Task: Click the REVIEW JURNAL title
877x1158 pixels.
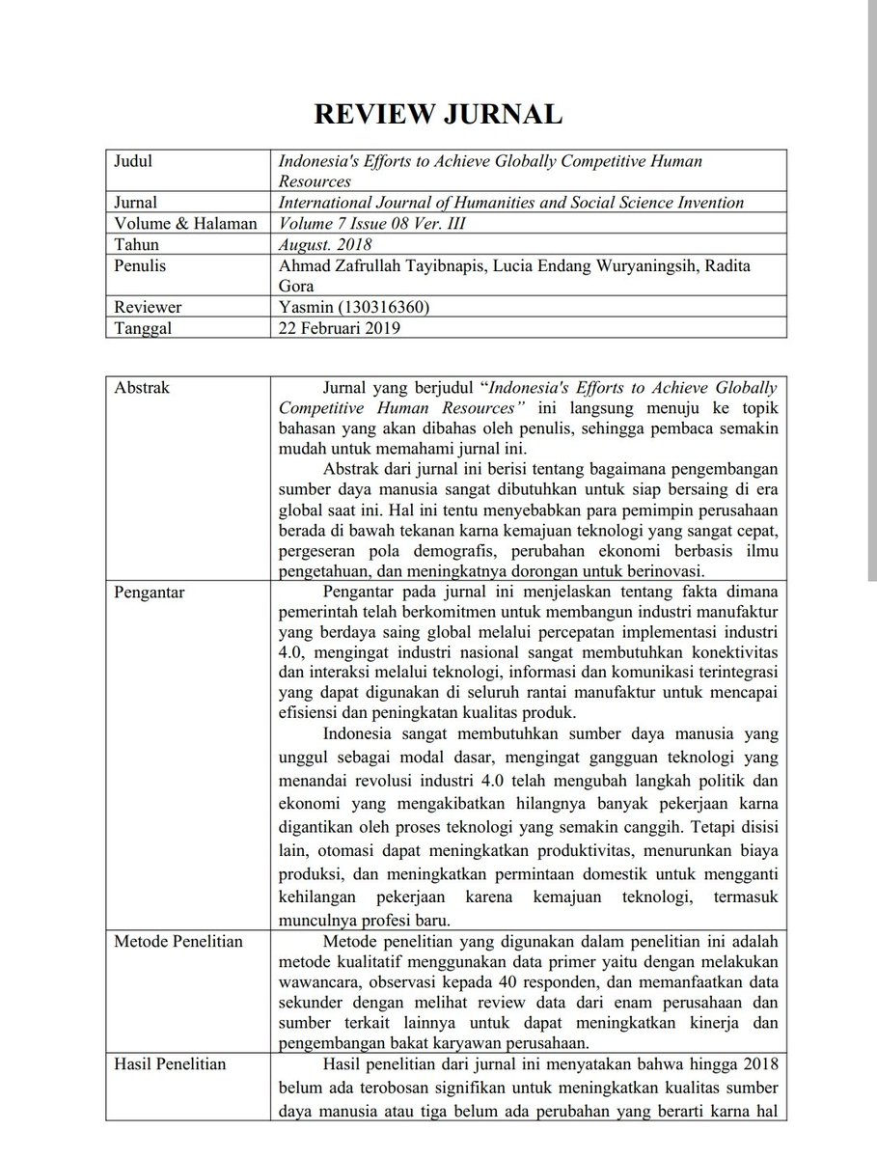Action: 437,115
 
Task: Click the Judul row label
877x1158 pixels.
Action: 133,161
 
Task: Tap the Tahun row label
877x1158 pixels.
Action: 136,244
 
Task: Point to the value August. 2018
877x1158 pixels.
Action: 319,245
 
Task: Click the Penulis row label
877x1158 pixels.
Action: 140,265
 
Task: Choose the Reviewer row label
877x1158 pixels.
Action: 148,307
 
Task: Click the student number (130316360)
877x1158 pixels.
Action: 383,307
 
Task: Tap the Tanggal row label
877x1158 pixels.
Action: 144,327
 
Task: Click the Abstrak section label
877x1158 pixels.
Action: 142,388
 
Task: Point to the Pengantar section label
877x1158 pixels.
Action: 150,590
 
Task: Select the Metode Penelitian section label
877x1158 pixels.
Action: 178,942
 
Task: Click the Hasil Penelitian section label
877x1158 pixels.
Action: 171,1063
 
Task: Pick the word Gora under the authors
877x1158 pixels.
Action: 295,286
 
